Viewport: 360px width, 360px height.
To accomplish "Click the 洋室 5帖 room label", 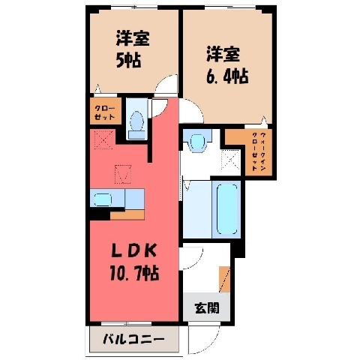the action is pos(133,49).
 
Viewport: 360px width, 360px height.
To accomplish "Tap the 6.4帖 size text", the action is pos(227,76).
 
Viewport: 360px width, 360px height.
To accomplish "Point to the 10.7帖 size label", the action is pos(134,273).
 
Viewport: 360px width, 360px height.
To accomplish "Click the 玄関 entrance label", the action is pos(207,307).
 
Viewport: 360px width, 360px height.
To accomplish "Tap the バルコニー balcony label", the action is pos(134,339).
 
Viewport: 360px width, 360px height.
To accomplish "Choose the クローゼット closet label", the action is pos(105,112).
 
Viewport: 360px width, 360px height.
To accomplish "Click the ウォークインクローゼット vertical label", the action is pos(259,151).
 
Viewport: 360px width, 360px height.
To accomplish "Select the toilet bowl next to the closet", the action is pos(137,121).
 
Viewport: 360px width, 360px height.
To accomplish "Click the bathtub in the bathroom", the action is pos(226,209).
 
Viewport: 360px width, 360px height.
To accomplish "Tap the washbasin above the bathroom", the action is pos(197,142).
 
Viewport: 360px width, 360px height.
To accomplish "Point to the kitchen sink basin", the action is pos(103,199).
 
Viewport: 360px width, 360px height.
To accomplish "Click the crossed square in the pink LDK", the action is pos(104,139).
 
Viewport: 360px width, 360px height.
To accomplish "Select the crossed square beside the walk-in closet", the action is pos(230,159).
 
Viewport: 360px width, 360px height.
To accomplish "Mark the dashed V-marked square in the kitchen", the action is pos(123,174).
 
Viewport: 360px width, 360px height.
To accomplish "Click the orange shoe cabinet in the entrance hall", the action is pos(224,279).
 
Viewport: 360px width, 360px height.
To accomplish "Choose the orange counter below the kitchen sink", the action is pos(127,214).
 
